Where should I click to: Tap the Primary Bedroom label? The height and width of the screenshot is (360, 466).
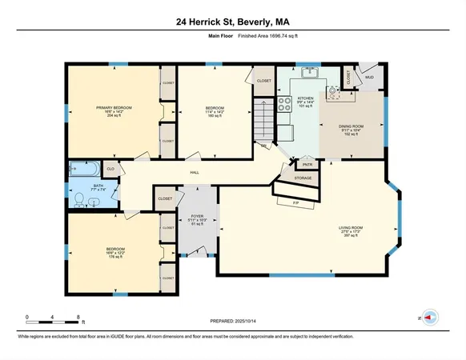(114, 107)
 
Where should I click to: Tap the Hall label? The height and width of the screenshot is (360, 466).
(195, 172)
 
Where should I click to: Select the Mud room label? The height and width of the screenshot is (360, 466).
(368, 77)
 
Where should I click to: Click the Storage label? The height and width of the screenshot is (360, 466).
(303, 178)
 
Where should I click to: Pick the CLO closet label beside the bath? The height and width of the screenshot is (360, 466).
(110, 169)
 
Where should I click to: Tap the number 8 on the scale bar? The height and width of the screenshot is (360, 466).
(78, 317)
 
